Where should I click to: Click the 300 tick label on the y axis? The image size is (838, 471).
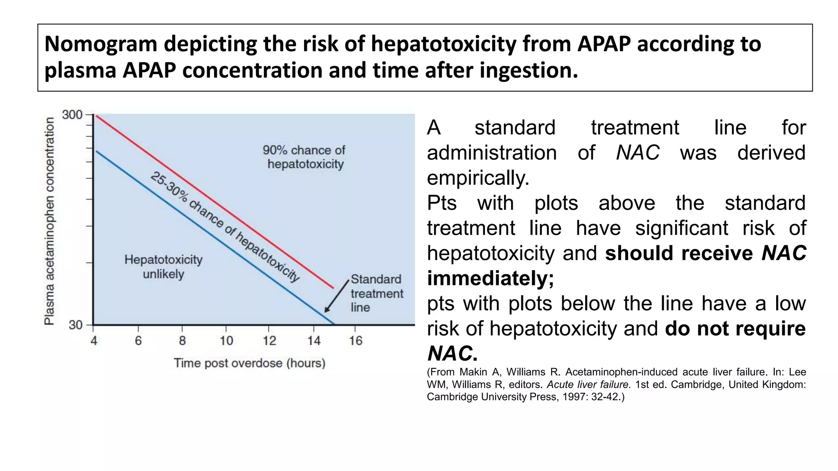(72, 115)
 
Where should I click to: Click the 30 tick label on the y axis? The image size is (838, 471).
(76, 325)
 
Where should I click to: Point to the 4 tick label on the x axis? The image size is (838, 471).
(94, 341)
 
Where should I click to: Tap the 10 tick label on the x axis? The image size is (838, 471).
(226, 341)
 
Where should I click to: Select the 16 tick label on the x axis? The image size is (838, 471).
(356, 341)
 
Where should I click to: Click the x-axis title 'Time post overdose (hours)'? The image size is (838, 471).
(250, 363)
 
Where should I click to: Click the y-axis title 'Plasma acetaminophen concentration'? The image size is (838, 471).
(50, 221)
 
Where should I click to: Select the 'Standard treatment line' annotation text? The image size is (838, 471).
(376, 294)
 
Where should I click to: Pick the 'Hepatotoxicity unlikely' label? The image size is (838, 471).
(163, 267)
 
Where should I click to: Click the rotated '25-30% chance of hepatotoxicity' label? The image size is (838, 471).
(225, 227)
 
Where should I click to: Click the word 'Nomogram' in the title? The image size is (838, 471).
(101, 44)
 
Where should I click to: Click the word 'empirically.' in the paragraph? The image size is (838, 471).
(478, 178)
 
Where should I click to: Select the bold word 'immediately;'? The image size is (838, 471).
(490, 278)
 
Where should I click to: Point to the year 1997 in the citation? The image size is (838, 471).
(577, 397)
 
